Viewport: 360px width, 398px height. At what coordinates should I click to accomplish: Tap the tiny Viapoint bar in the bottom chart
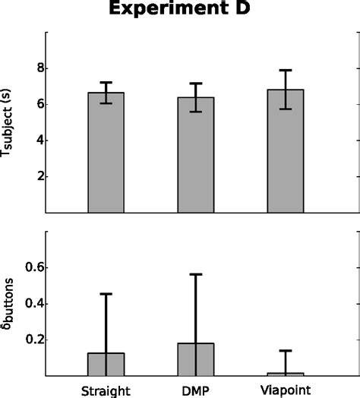[x=285, y=374]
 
